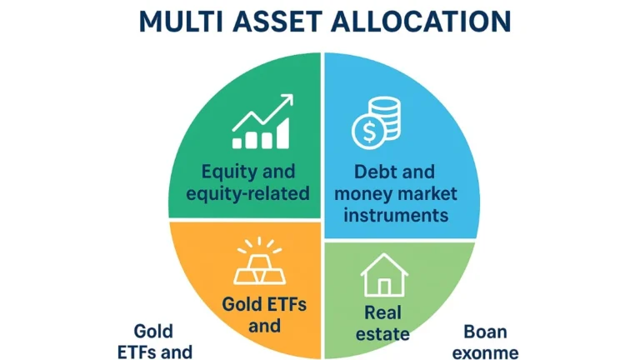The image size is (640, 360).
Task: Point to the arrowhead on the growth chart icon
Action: coord(287,100)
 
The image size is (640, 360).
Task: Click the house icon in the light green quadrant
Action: coord(383,276)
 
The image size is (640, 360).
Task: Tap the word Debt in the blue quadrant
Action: coord(376,172)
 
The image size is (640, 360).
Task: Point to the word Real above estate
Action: coord(384,313)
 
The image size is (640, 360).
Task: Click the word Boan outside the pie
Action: coord(487,330)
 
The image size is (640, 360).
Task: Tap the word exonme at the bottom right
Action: coord(487,352)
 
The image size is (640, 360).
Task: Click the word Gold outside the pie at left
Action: coord(153,330)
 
